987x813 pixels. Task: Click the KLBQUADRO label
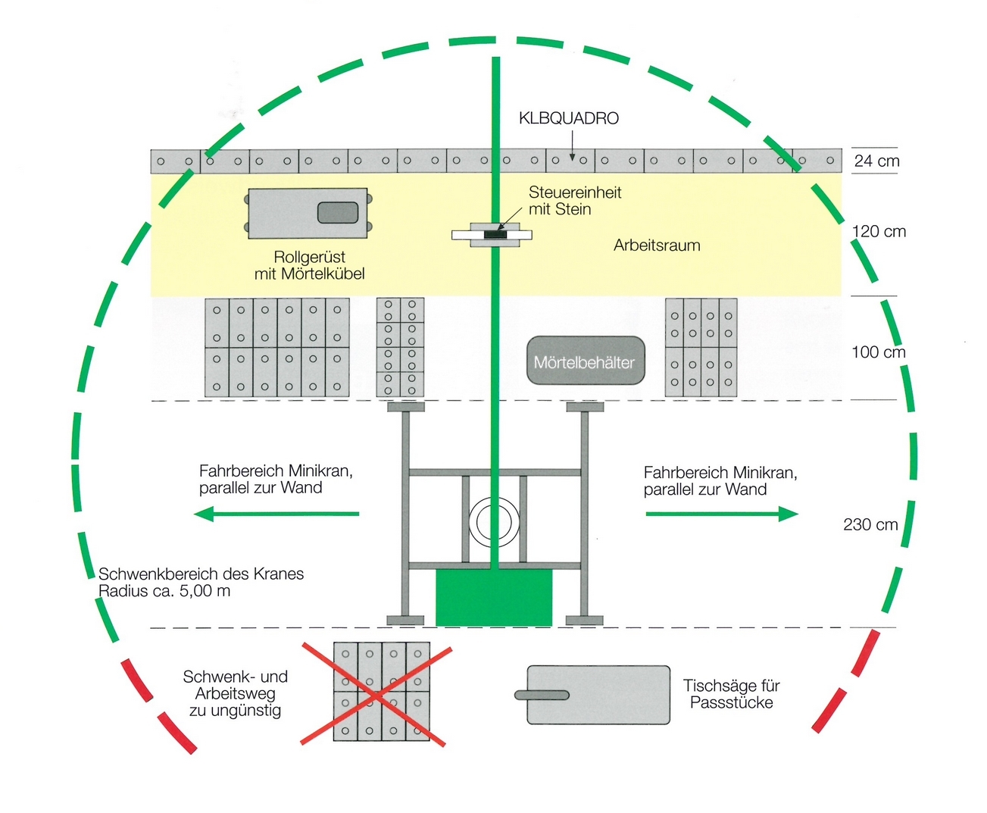point(568,118)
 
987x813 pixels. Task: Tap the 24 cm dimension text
point(876,161)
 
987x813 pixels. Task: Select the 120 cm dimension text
point(879,231)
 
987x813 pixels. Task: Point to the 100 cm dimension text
point(878,352)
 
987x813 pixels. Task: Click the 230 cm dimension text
point(870,524)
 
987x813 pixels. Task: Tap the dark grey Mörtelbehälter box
point(585,361)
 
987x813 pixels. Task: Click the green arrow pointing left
point(276,514)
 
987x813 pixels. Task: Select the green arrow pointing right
point(721,514)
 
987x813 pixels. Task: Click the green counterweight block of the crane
point(494,598)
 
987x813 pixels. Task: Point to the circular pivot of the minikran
point(494,522)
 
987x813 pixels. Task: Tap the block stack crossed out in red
point(382,691)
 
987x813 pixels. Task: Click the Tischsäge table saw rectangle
point(598,695)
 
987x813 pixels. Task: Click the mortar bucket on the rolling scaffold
point(338,213)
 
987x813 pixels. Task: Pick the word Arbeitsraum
point(657,245)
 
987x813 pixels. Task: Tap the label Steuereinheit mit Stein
point(574,201)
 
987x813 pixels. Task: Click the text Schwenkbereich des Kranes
point(201,574)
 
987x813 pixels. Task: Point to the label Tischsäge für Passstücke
point(731,694)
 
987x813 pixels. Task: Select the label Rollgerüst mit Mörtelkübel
point(309,265)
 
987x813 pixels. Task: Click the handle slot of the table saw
point(542,695)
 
